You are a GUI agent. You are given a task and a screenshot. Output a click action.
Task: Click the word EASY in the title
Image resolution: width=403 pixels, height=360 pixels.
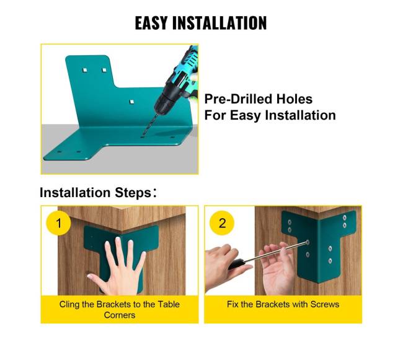pyautogui.click(x=151, y=23)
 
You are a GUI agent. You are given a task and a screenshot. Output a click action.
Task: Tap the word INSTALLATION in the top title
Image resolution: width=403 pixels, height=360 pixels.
pyautogui.click(x=219, y=23)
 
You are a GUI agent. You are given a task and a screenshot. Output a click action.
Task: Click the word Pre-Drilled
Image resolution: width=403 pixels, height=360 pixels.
pyautogui.click(x=238, y=99)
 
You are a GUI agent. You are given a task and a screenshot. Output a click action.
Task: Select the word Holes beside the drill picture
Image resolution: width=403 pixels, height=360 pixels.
pyautogui.click(x=294, y=99)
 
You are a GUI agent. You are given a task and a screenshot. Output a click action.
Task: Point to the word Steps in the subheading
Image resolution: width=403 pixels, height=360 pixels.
pyautogui.click(x=133, y=193)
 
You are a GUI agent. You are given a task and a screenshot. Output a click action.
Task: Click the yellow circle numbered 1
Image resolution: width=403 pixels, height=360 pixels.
pyautogui.click(x=59, y=223)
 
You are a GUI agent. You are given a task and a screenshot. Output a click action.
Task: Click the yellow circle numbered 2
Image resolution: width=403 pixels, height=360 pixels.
pyautogui.click(x=222, y=223)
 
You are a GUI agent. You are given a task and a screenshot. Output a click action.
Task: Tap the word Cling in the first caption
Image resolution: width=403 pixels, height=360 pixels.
pyautogui.click(x=69, y=304)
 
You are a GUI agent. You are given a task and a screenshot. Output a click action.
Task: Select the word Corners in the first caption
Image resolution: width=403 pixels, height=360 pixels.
pyautogui.click(x=120, y=315)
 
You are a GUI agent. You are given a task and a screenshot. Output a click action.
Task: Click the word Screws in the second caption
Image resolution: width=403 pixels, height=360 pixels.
pyautogui.click(x=325, y=304)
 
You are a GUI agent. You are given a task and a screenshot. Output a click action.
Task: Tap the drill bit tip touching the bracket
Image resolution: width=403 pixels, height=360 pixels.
pyautogui.click(x=142, y=136)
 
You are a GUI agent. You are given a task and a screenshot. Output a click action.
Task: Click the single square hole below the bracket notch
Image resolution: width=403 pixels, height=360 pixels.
pyautogui.click(x=131, y=102)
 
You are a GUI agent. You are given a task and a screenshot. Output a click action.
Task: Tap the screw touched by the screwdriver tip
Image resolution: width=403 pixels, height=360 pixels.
pyautogui.click(x=308, y=242)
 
